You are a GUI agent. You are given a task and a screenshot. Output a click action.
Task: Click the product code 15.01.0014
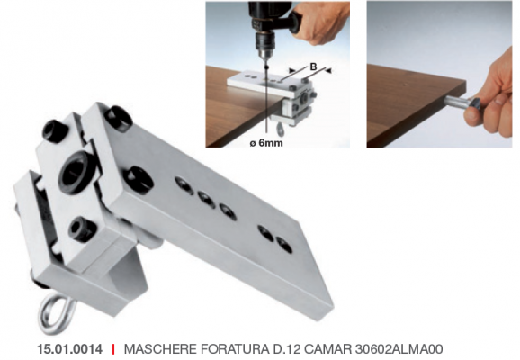coord(69,349)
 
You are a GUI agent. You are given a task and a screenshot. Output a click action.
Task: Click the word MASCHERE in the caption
coord(160,349)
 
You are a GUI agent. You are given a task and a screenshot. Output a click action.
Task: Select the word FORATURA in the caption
coord(235,349)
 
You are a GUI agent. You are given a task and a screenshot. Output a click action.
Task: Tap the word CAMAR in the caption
coord(327,349)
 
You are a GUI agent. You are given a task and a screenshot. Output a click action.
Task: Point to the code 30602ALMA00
coord(399,349)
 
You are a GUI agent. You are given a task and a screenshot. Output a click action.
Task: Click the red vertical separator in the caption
coord(113,349)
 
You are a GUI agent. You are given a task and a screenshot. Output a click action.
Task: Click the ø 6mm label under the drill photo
coord(266,143)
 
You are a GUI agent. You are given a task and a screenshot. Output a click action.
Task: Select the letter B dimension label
coord(313,67)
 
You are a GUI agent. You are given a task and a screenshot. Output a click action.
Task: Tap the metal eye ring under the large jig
coord(56,314)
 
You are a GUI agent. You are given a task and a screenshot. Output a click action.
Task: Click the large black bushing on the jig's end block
coord(77,172)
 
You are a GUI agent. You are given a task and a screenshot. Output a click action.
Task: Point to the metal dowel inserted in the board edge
coord(456,101)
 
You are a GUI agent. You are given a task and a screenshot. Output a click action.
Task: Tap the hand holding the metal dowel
coord(490,100)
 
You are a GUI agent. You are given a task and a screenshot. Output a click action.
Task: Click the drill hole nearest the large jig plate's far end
coord(284,245)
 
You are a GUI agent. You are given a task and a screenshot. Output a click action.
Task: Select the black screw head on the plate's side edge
coord(139,177)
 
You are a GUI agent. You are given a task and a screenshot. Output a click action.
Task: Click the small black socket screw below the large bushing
coord(82,228)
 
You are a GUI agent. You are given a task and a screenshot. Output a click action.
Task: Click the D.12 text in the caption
coord(286,349)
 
